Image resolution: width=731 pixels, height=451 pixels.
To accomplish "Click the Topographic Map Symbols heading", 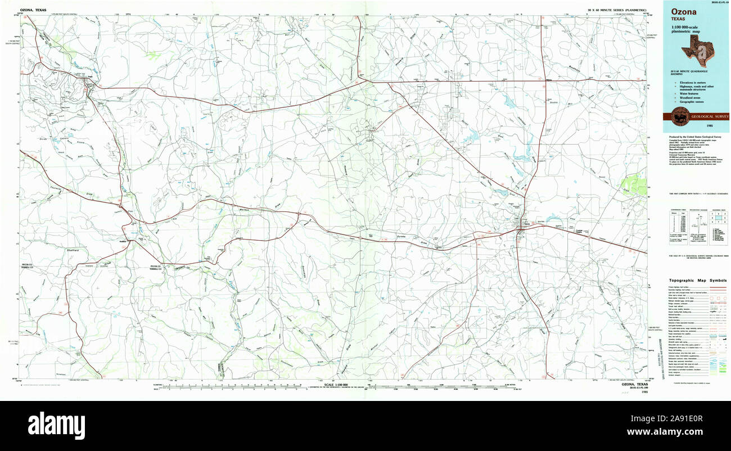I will point(697,280).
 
